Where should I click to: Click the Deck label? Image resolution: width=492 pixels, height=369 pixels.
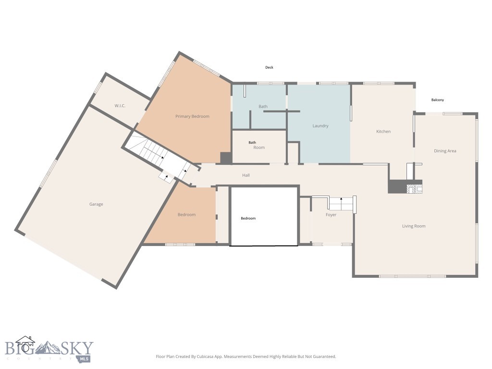point(269,68)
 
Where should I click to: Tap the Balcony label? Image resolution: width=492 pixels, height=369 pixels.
point(437,100)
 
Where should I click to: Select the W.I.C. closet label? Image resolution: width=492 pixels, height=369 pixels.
point(120,106)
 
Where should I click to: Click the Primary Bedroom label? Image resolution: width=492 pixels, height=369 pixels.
point(192,116)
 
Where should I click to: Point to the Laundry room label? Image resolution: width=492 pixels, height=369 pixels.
point(320,126)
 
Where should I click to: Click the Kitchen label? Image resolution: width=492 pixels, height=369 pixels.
point(383,131)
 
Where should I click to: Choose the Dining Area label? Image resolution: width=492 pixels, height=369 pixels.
point(445,151)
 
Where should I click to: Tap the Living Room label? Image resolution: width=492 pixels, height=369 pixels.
point(414,226)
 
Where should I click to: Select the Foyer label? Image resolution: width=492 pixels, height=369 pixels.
point(331,215)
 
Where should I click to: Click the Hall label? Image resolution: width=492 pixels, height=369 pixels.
point(246,175)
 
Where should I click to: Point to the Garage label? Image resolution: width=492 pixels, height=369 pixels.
point(96,204)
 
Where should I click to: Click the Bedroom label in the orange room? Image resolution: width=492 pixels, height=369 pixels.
point(186,215)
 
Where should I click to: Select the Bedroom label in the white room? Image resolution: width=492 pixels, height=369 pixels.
point(248,219)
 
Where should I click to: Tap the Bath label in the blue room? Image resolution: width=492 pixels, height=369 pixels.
point(263,107)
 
